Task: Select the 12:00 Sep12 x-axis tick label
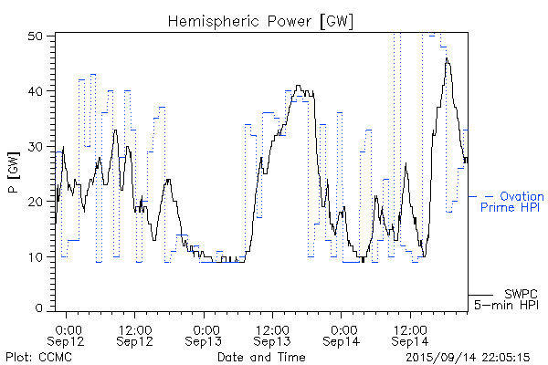(x=135, y=335)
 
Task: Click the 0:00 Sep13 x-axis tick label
(x=205, y=335)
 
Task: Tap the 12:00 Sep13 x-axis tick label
(x=272, y=335)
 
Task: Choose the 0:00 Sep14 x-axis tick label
(x=342, y=335)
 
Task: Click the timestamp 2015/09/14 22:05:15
(x=469, y=357)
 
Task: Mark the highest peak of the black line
(x=447, y=57)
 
